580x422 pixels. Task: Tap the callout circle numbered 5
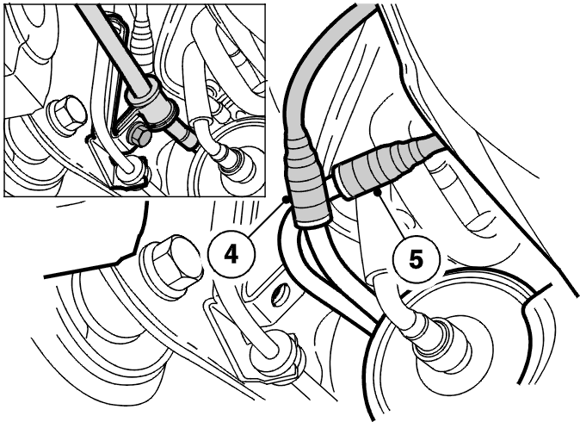[416, 259]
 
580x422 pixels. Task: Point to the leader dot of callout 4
[286, 199]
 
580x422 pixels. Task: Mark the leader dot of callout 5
[377, 193]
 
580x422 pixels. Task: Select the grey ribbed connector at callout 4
[305, 181]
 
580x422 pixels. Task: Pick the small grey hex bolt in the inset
[139, 134]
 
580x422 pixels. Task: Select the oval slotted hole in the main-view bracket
[280, 295]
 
